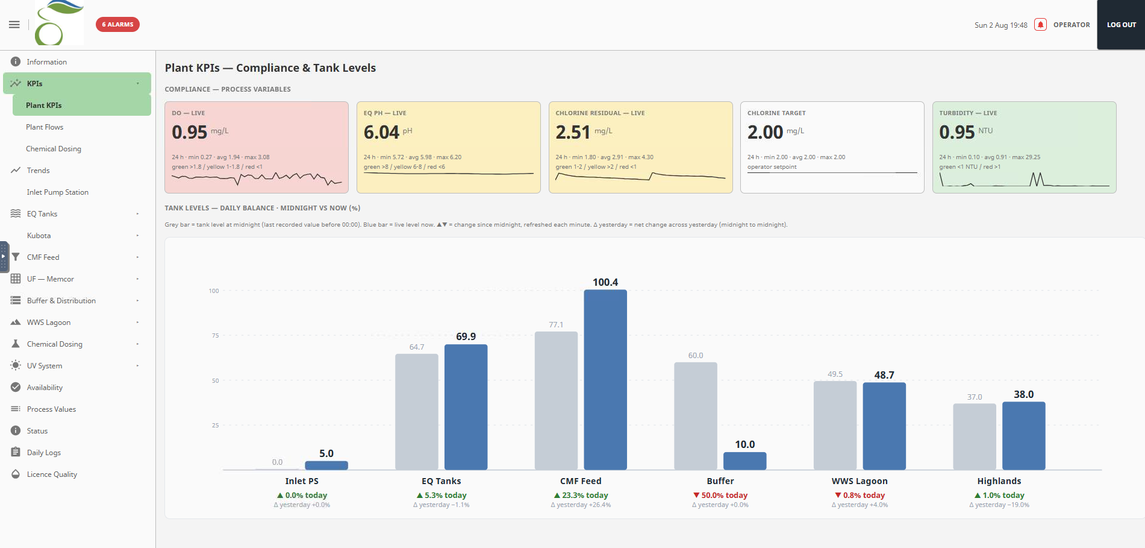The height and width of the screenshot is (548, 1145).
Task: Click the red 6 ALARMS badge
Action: coord(117,25)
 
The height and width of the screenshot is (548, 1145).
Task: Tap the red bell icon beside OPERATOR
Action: coord(1040,25)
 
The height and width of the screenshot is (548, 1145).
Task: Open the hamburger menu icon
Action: coord(14,25)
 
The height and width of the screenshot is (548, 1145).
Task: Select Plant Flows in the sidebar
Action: coord(45,127)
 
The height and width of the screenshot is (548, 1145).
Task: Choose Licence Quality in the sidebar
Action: coord(52,474)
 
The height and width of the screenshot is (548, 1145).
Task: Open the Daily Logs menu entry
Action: coord(44,453)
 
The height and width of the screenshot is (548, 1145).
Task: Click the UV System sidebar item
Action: coord(45,366)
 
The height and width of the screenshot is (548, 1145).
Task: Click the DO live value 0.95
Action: coord(189,132)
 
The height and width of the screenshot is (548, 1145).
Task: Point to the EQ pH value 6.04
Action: coord(381,132)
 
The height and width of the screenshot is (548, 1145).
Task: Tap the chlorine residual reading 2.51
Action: coord(573,132)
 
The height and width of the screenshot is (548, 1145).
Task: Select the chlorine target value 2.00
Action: coord(765,132)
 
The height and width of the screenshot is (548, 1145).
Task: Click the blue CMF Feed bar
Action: coord(605,380)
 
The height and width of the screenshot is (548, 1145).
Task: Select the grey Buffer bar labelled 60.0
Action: coord(696,416)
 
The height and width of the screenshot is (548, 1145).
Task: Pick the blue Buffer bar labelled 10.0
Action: coord(745,461)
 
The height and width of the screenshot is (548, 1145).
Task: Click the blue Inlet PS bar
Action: coord(326,465)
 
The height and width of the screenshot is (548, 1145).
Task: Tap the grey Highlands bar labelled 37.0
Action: coord(975,436)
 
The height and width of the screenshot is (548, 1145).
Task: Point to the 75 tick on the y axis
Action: coord(215,335)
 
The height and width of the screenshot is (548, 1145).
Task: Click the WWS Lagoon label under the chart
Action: coord(860,481)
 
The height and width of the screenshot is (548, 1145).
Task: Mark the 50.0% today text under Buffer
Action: coord(720,496)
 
